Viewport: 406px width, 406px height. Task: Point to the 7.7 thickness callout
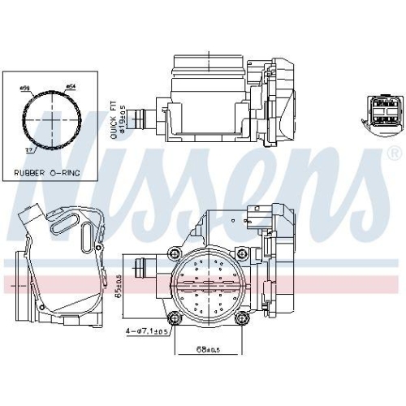click(x=28, y=152)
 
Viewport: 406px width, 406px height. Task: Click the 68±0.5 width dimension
click(x=208, y=350)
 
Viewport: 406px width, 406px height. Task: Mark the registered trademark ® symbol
click(x=395, y=153)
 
